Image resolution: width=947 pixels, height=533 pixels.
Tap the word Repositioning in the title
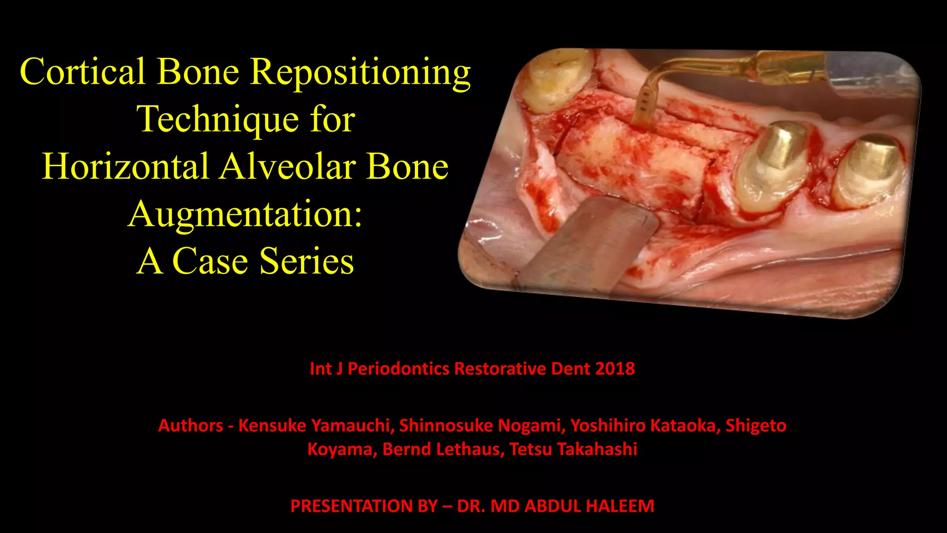(x=360, y=73)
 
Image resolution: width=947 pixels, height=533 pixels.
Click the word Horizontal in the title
(x=125, y=167)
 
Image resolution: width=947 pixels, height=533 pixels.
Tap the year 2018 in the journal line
(x=615, y=369)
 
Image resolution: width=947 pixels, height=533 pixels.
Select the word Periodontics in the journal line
(x=398, y=369)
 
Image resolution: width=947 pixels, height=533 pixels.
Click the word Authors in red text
(x=191, y=425)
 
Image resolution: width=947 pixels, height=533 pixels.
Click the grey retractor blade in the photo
(x=587, y=245)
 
